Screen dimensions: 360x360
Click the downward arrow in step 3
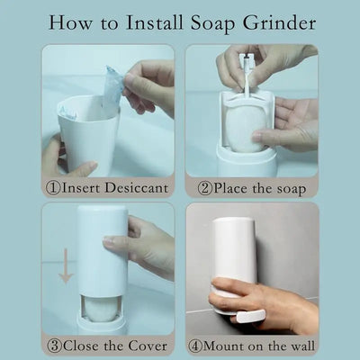[65, 269]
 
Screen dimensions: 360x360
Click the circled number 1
[53, 187]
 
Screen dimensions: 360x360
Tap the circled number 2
[205, 187]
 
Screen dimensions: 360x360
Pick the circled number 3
[54, 344]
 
